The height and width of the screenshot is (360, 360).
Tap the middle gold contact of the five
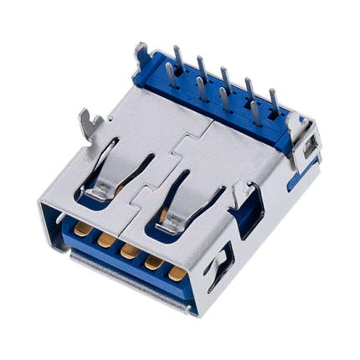129,250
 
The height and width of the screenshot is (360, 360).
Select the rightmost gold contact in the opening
177,273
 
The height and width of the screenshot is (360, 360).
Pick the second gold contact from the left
106,239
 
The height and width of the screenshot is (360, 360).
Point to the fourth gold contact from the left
153,262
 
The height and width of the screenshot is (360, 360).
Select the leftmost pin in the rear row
177,57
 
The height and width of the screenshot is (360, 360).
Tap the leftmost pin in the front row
170,75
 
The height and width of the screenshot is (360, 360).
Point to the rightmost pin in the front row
255,116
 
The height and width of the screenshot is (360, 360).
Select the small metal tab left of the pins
141,54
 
